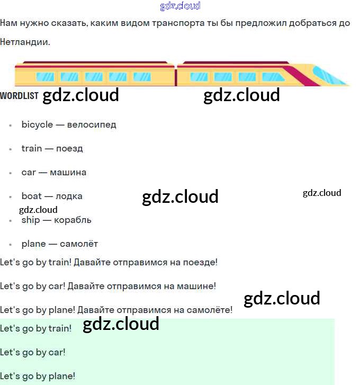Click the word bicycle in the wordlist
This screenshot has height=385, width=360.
pos(37,125)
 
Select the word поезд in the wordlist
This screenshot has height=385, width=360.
pos(69,149)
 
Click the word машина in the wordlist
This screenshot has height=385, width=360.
pos(68,173)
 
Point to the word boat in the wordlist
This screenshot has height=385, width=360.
pos(32,196)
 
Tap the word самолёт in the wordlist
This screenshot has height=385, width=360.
pos(79,244)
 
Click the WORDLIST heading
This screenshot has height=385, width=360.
pos(19,96)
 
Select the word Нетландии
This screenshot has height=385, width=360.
pos(24,41)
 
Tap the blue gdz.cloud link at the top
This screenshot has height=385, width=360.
pos(180,6)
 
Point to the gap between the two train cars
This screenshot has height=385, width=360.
pos(176,74)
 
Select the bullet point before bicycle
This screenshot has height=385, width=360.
pos(11,126)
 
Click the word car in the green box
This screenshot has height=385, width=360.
pos(56,352)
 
